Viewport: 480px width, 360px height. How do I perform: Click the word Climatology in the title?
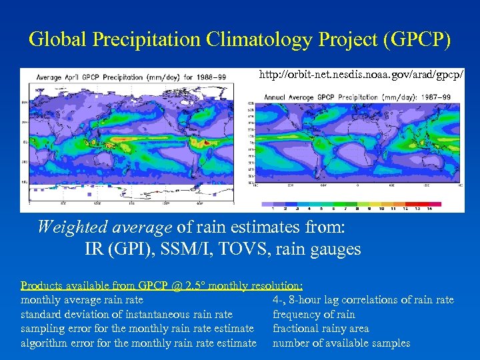click(x=245, y=39)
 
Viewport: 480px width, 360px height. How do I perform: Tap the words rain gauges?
click(x=329, y=249)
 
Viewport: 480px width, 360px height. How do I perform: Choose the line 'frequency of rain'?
click(x=314, y=315)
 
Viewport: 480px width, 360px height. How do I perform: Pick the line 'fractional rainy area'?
click(x=321, y=329)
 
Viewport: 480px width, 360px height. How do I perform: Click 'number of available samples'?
click(x=341, y=343)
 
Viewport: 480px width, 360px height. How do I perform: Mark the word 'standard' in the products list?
click(x=41, y=315)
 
